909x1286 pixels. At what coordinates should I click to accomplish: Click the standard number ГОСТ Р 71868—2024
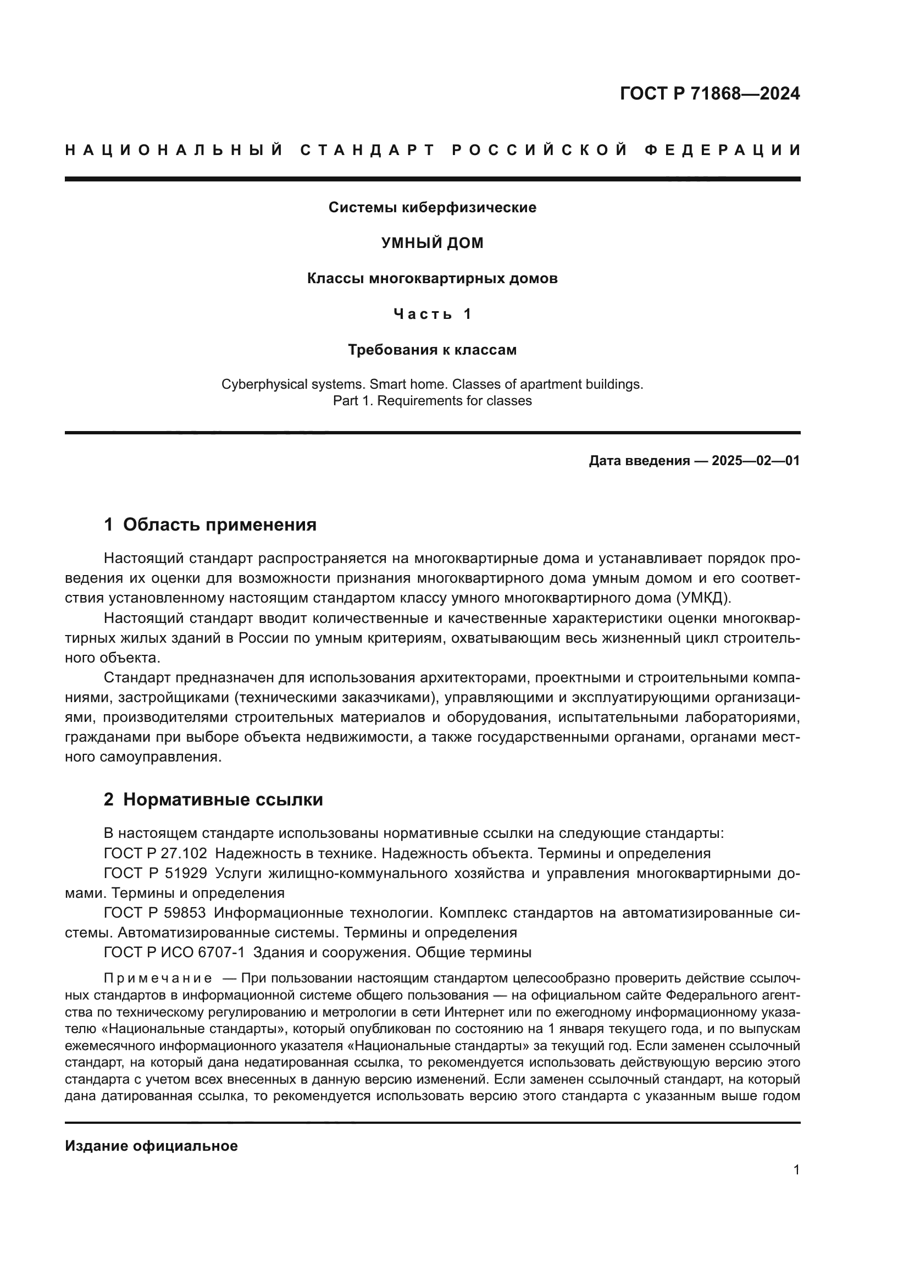click(709, 93)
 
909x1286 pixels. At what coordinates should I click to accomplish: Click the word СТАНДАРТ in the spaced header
click(367, 150)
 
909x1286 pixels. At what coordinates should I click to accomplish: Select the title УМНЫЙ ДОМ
click(432, 243)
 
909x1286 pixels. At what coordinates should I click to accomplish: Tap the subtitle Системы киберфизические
click(432, 208)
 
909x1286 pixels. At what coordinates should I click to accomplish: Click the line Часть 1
click(432, 314)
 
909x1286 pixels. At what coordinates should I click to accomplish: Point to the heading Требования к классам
click(432, 350)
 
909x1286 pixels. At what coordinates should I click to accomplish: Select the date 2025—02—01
click(755, 461)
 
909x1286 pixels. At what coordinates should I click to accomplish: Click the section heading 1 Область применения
click(210, 525)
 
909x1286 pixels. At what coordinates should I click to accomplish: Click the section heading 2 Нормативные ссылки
click(213, 800)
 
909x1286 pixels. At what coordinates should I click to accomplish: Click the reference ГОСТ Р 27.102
click(155, 854)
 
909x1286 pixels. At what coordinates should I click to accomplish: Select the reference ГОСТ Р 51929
click(155, 873)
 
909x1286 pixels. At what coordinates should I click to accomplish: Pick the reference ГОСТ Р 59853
click(155, 913)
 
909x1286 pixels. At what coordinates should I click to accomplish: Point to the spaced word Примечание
click(158, 979)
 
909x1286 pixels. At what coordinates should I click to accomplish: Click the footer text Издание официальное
click(151, 1146)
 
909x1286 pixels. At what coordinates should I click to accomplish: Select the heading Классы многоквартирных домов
click(432, 278)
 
